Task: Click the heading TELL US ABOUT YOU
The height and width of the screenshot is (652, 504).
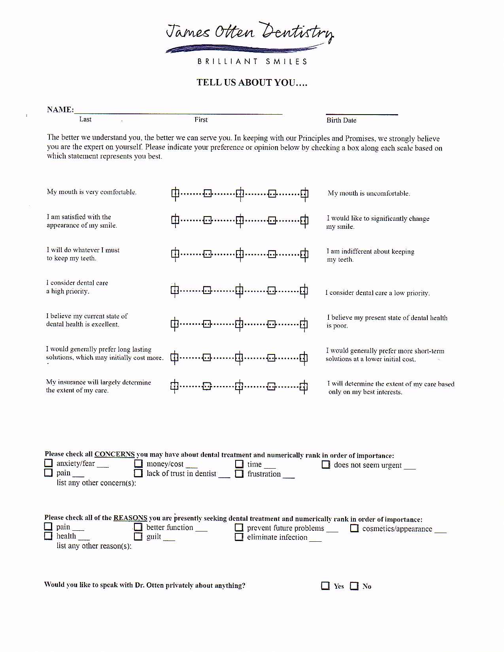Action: point(252,83)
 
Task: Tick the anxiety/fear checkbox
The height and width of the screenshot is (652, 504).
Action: point(48,463)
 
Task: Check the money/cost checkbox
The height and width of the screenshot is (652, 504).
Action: point(138,464)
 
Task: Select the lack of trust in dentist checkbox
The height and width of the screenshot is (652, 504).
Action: point(138,473)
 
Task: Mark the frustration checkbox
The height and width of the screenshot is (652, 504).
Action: point(239,473)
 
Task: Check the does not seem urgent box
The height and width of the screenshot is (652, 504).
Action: point(326,465)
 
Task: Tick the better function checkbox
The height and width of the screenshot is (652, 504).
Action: point(138,527)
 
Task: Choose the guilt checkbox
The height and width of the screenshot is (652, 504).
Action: point(138,536)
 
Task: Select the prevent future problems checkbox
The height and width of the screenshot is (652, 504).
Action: point(239,528)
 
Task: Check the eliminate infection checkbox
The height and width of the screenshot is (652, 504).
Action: point(239,537)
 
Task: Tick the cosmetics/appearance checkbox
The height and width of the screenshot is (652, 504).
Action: point(354,528)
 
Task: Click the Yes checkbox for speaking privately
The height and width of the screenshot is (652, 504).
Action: point(325,586)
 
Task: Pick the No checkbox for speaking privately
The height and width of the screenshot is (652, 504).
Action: point(354,586)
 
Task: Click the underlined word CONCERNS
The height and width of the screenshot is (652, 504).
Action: point(115,454)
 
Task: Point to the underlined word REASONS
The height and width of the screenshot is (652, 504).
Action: point(130,518)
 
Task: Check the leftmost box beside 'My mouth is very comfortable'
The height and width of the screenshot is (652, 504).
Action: point(175,193)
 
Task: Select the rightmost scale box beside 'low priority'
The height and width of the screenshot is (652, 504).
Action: point(304,291)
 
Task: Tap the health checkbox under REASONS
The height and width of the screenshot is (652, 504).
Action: point(48,536)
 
